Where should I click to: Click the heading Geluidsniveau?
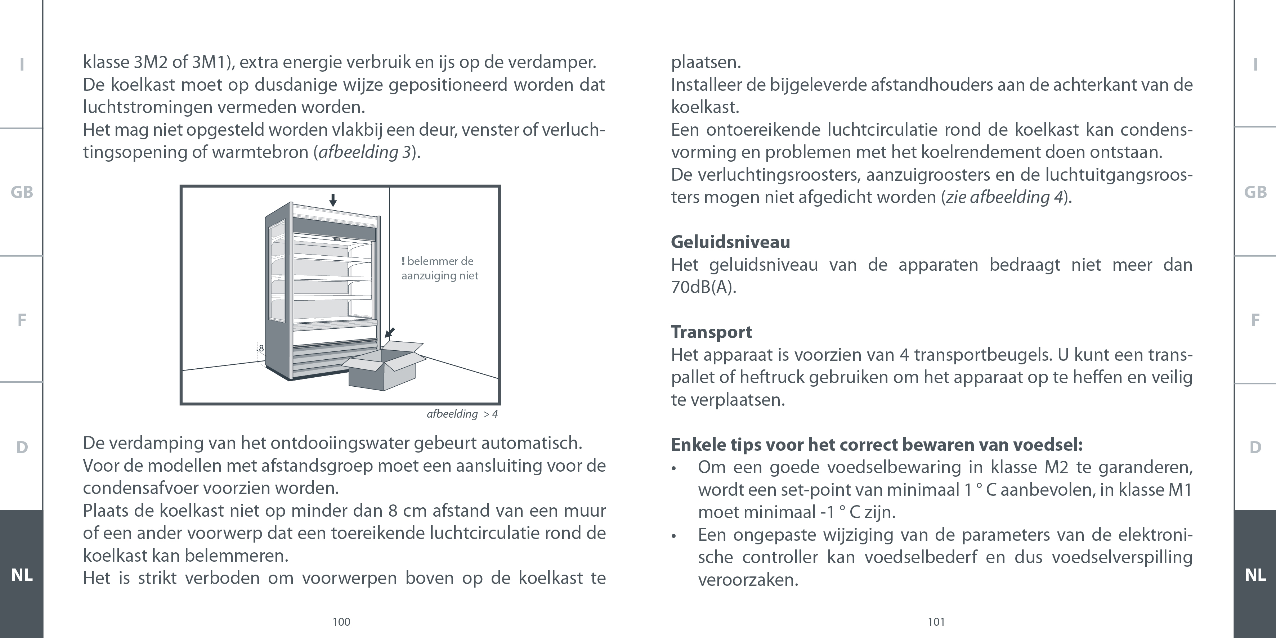tap(730, 242)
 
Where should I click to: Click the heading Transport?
tap(711, 332)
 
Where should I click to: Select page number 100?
tap(341, 622)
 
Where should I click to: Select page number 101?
tap(936, 622)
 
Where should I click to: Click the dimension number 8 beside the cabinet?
tap(261, 348)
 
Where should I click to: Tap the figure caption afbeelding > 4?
tap(462, 414)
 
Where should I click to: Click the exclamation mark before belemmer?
tap(403, 261)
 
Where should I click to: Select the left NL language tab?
tap(22, 575)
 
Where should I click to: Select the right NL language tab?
tap(1255, 575)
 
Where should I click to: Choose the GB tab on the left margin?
tap(22, 192)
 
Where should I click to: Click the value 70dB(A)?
tap(703, 287)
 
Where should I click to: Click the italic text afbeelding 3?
tap(364, 152)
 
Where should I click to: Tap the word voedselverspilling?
tap(1122, 557)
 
